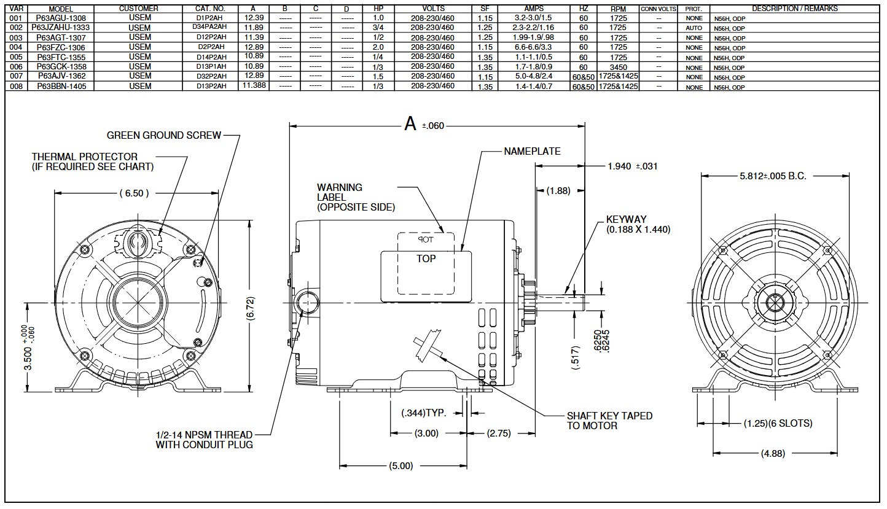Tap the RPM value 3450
[618, 66]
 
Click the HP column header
[378, 9]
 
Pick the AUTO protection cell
[694, 28]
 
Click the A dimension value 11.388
[254, 86]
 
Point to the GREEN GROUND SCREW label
[163, 135]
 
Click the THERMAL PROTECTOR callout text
[92, 161]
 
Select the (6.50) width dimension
[133, 193]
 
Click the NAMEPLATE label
[532, 151]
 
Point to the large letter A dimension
[410, 125]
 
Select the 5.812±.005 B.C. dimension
[772, 176]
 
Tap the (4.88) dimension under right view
[772, 454]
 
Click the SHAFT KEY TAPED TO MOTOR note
[609, 421]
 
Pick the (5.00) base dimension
[401, 466]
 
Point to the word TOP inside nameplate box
[426, 258]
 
